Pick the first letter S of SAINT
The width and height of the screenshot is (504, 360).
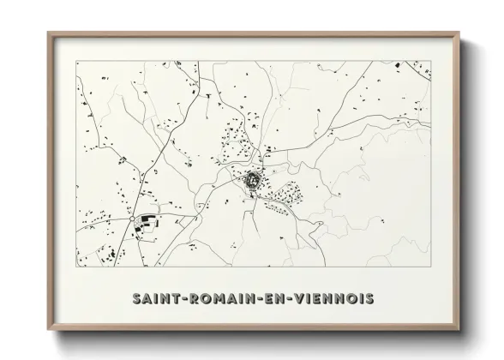click(138, 298)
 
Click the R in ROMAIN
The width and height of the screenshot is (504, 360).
click(194, 298)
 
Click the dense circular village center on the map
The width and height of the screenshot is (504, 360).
click(254, 181)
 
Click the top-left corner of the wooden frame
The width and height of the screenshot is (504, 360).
click(48, 33)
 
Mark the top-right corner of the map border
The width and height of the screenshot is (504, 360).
click(431, 61)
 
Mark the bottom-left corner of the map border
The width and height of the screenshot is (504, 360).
click(76, 267)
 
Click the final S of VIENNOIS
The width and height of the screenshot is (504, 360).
click(369, 298)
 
